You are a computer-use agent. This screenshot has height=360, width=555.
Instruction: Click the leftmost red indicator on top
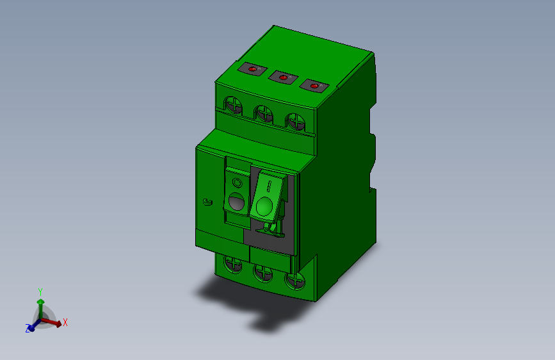click(x=252, y=69)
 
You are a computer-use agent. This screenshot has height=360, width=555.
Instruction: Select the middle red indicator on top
click(x=282, y=77)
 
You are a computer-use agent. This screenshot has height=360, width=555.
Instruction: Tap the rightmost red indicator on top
click(x=314, y=85)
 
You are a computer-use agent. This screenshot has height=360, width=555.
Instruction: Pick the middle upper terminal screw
click(x=263, y=113)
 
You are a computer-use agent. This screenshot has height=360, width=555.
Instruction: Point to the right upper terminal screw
click(x=294, y=120)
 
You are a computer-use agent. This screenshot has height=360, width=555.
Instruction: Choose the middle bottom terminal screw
click(x=263, y=272)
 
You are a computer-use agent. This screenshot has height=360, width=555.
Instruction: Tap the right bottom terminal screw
click(x=294, y=281)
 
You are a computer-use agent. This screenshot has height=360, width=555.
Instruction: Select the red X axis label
click(x=65, y=322)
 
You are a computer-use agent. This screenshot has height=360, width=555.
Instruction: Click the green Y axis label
click(x=40, y=291)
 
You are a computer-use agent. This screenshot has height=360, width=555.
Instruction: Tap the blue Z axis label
click(x=28, y=329)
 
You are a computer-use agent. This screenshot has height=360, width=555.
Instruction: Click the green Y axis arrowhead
click(x=40, y=300)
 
